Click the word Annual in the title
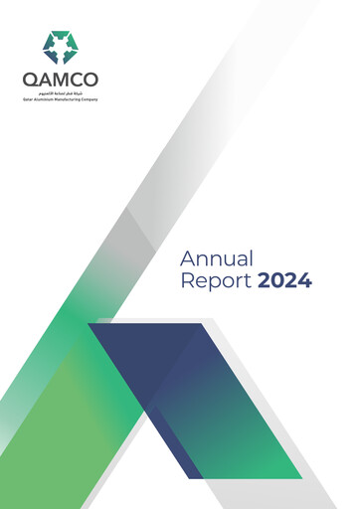[218, 258]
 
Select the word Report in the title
[216, 281]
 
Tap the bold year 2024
[284, 281]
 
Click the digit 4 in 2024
[305, 281]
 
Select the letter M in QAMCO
[62, 80]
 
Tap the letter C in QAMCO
[78, 80]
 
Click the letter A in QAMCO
[44, 80]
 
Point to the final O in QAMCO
[91, 80]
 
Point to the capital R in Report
[188, 281]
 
